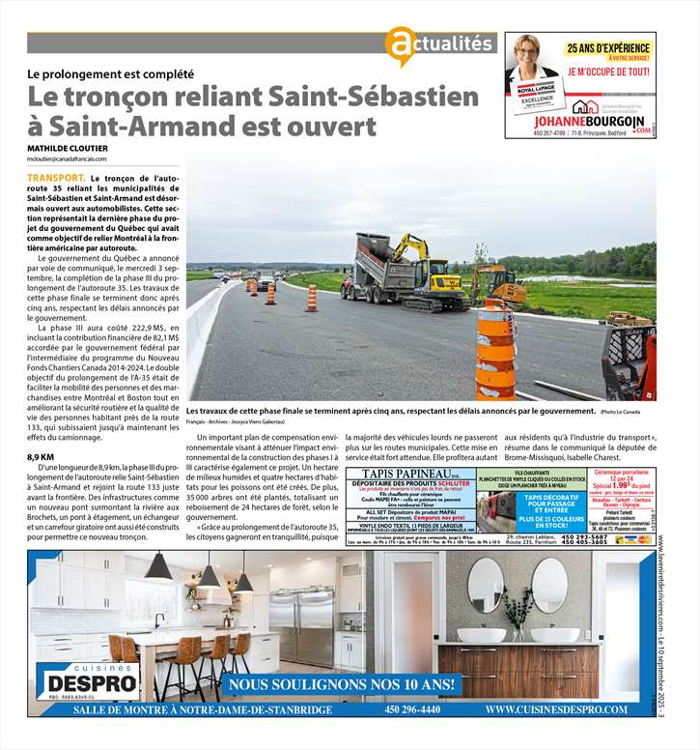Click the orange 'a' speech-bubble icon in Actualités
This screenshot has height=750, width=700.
(400, 45)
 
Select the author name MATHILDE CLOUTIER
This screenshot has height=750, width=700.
(67, 148)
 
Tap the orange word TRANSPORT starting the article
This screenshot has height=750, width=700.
(55, 180)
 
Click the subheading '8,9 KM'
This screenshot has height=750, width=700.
(41, 456)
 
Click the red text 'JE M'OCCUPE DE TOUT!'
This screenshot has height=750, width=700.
(607, 72)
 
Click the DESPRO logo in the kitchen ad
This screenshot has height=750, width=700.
(88, 678)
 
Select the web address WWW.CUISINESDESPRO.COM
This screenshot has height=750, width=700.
(557, 709)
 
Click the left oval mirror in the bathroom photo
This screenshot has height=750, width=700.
(485, 584)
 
